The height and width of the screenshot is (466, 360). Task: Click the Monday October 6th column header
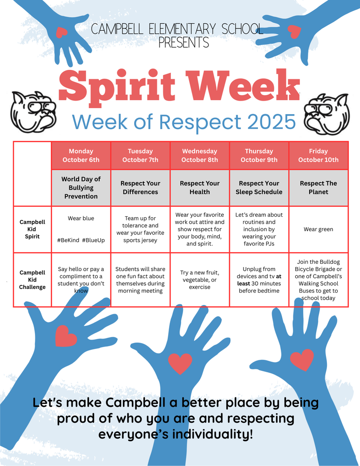81,156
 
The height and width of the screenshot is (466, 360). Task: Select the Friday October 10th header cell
319,156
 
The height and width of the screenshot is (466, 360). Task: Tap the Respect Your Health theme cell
200,188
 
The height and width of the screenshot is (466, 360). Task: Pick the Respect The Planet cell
319,188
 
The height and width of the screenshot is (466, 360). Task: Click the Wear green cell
319,229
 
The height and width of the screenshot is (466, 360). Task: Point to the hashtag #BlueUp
93,240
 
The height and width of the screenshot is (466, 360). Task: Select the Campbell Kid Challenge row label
33,280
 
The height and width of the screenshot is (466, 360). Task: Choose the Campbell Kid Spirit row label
33,229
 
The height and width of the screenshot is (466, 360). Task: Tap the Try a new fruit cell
200,280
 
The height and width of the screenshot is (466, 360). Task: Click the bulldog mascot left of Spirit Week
33,111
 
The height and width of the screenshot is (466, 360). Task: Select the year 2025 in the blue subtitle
272,122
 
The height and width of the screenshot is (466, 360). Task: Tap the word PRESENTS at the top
183,42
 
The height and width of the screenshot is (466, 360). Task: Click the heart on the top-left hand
61,32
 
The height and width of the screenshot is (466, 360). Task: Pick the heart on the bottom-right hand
302,360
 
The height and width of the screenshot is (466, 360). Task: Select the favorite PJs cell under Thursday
259,229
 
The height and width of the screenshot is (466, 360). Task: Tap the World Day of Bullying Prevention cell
81,188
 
